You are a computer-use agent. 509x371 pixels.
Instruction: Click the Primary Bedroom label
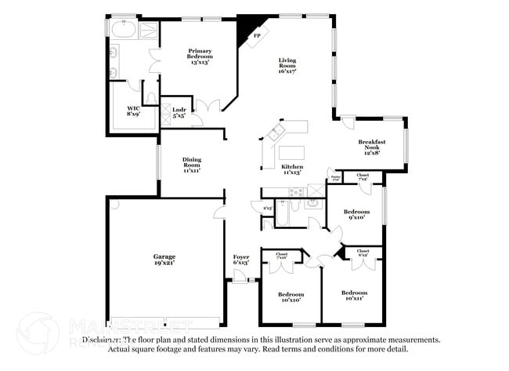click(200, 56)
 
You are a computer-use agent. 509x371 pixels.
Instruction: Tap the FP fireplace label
click(257, 36)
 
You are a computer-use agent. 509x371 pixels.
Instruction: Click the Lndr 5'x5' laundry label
click(168, 111)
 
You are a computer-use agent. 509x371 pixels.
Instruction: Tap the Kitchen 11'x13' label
click(291, 169)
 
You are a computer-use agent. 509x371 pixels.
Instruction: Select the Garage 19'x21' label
click(164, 260)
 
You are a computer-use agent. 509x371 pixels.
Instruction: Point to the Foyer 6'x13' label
click(241, 260)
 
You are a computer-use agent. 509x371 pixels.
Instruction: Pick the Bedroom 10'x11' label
click(354, 295)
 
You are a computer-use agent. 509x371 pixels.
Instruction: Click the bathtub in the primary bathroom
click(123, 31)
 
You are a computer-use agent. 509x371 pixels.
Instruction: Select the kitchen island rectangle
click(292, 151)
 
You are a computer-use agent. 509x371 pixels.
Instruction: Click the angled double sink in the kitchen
click(276, 133)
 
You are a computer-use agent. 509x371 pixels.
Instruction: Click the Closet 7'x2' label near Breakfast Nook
click(363, 176)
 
